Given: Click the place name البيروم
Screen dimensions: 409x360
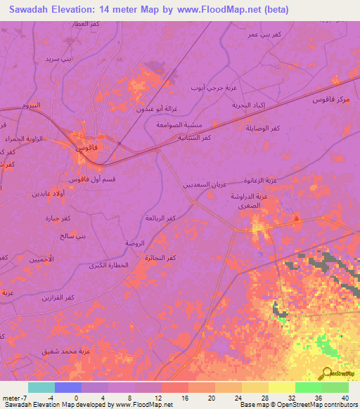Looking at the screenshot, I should pos(31,105).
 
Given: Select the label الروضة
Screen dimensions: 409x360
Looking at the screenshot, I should pos(135,242).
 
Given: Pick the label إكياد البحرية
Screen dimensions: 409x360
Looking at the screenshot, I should pos(250,104).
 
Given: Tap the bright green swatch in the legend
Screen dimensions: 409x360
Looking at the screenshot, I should pos(308,387).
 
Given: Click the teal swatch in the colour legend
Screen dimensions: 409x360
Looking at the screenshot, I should pos(41,387).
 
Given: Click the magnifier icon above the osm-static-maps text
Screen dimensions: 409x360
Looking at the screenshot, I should pos(326,372).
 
